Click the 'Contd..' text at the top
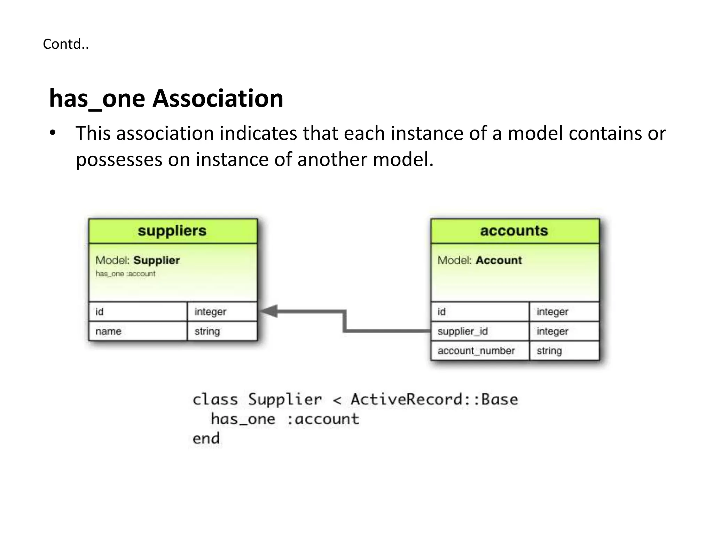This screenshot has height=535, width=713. click(66, 44)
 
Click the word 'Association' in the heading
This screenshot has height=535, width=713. click(218, 99)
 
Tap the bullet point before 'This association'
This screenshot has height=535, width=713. click(53, 133)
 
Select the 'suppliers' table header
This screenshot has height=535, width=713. click(172, 231)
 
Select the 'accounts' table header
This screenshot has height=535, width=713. click(514, 231)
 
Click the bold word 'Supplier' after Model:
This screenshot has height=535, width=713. click(157, 260)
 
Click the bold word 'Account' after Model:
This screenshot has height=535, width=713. click(499, 260)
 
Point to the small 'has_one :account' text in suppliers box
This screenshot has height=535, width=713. click(126, 274)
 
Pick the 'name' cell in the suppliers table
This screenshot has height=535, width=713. click(108, 331)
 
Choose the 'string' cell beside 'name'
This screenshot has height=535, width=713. click(207, 331)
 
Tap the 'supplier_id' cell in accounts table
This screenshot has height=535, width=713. click(463, 331)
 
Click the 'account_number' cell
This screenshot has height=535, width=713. click(476, 351)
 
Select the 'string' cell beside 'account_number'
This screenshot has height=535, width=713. click(549, 351)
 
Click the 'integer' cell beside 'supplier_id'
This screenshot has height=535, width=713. click(552, 331)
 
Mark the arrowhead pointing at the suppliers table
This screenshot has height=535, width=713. click(269, 311)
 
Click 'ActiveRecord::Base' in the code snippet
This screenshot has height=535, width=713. click(434, 400)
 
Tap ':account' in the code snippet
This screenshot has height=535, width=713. click(323, 419)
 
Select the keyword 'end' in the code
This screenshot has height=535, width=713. click(206, 439)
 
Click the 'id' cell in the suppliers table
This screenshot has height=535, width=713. click(100, 312)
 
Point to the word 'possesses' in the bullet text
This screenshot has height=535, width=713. click(119, 160)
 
